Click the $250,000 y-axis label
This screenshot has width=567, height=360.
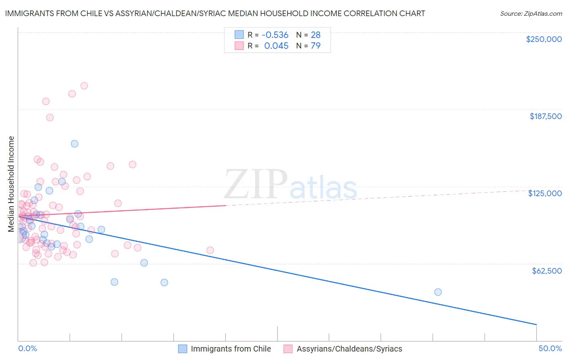(544, 39)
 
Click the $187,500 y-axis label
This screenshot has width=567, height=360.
(545, 116)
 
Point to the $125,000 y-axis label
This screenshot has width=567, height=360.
(545, 193)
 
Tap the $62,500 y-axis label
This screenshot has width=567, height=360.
(546, 271)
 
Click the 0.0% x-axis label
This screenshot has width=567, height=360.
(27, 348)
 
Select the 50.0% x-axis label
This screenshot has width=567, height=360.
(550, 348)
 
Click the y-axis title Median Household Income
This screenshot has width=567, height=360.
(11, 184)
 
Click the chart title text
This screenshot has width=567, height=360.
(215, 13)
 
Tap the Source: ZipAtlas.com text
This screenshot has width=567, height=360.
(531, 14)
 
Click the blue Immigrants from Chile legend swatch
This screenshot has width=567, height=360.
(183, 349)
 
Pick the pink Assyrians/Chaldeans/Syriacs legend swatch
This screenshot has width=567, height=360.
(288, 349)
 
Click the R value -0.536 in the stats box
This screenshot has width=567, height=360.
(275, 35)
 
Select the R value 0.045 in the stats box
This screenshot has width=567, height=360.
(276, 46)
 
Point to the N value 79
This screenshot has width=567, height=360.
(315, 46)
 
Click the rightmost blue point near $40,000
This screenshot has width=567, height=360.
(438, 292)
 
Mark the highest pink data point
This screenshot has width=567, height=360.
(84, 86)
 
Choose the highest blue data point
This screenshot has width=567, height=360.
(75, 144)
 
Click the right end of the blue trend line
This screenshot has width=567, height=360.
(536, 324)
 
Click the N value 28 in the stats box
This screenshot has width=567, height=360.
(315, 35)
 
